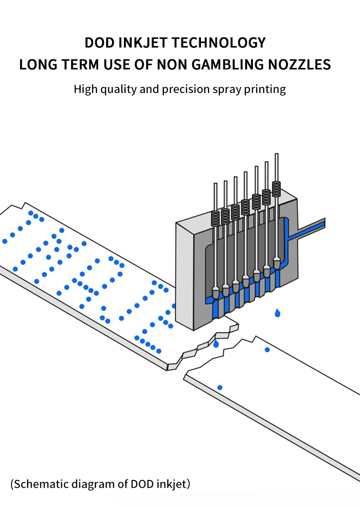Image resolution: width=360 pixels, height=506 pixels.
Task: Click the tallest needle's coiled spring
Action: [x=276, y=189]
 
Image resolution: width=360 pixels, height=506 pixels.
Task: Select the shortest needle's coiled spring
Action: [x=215, y=218]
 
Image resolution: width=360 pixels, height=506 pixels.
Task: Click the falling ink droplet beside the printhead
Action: [x=278, y=313]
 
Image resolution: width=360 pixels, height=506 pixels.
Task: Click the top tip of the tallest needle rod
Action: [x=276, y=155]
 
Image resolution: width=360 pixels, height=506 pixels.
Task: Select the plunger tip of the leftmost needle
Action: [x=216, y=292]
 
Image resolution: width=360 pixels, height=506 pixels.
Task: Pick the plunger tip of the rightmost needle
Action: [x=277, y=263]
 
